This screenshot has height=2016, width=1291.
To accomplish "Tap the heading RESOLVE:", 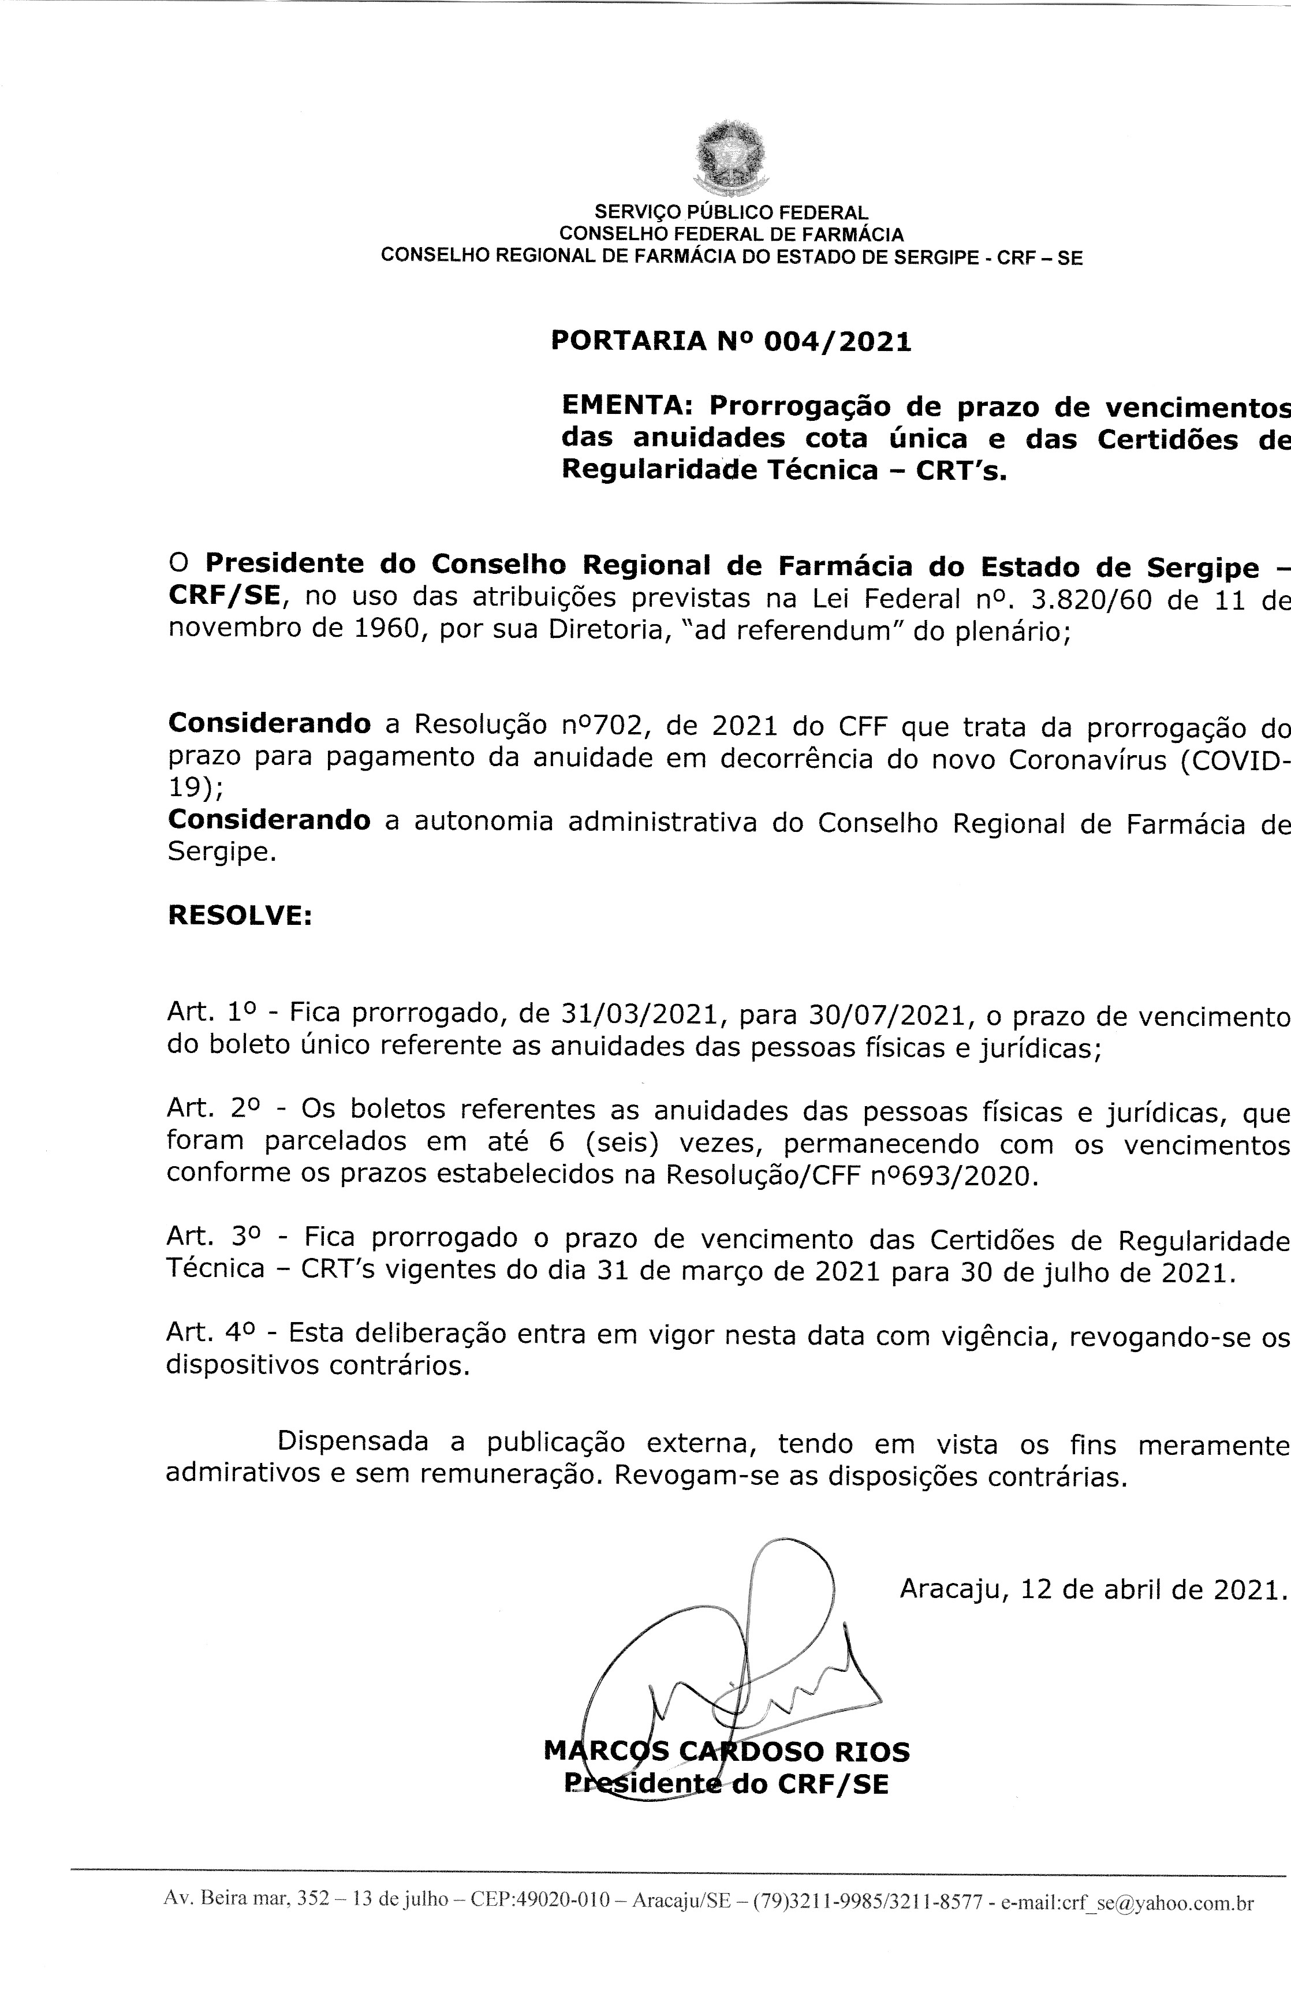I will pyautogui.click(x=240, y=916).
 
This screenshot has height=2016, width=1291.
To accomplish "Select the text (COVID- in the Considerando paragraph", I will pyautogui.click(x=1236, y=759).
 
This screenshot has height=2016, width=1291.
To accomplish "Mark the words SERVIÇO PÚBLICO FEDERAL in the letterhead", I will pyautogui.click(x=731, y=213).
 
